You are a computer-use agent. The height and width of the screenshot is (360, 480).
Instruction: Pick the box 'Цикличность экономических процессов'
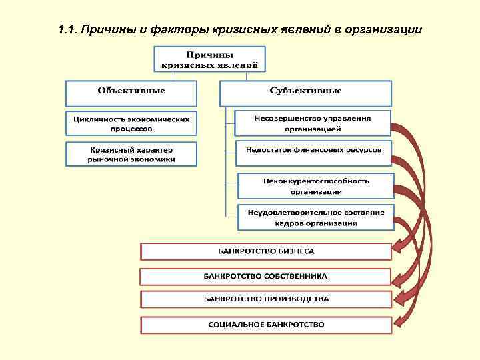click(132, 123)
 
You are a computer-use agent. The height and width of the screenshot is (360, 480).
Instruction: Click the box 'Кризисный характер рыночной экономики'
click(132, 155)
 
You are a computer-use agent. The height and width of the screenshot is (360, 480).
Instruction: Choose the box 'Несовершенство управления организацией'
click(313, 123)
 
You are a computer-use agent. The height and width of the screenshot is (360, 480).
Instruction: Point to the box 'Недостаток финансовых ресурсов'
click(313, 151)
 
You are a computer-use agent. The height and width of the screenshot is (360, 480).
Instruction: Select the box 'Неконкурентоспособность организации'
click(315, 186)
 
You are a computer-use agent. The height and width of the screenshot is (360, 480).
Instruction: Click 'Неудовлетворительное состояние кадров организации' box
click(315, 217)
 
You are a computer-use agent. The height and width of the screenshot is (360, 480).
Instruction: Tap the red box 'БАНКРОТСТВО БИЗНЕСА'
click(265, 251)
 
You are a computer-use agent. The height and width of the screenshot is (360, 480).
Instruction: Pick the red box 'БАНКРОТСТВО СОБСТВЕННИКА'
click(265, 276)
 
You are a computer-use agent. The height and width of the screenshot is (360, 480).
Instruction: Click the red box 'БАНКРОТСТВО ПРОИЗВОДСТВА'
click(265, 299)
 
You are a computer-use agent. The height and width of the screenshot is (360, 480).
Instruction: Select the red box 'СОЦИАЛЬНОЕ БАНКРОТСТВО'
click(265, 325)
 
